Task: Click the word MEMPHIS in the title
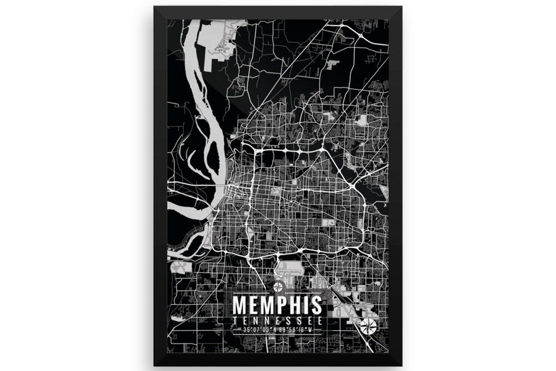click(x=277, y=305)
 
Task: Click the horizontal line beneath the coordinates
click(x=277, y=334)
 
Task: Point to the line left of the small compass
click(x=253, y=292)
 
